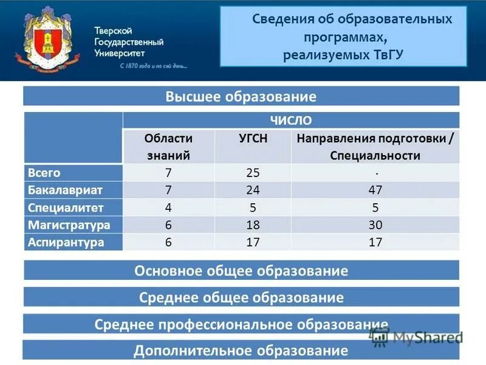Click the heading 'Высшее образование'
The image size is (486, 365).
(x=241, y=97)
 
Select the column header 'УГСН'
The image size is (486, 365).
(x=253, y=138)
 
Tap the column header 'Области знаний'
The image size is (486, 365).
(x=168, y=147)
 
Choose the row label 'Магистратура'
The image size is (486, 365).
(x=69, y=225)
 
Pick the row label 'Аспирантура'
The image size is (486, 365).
(x=66, y=242)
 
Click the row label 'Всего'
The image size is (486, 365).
(x=44, y=173)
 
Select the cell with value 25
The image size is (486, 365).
(x=253, y=173)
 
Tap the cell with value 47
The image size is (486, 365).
(x=375, y=190)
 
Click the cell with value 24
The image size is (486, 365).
(x=253, y=190)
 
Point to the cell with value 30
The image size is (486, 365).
(x=375, y=225)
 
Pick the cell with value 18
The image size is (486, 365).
(x=253, y=225)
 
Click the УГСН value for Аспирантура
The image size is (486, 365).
(x=253, y=242)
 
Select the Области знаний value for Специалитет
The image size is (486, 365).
(x=168, y=207)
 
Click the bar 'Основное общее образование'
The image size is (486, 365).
(x=241, y=271)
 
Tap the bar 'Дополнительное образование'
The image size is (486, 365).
(x=241, y=350)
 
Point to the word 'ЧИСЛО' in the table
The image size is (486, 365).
(x=290, y=120)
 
